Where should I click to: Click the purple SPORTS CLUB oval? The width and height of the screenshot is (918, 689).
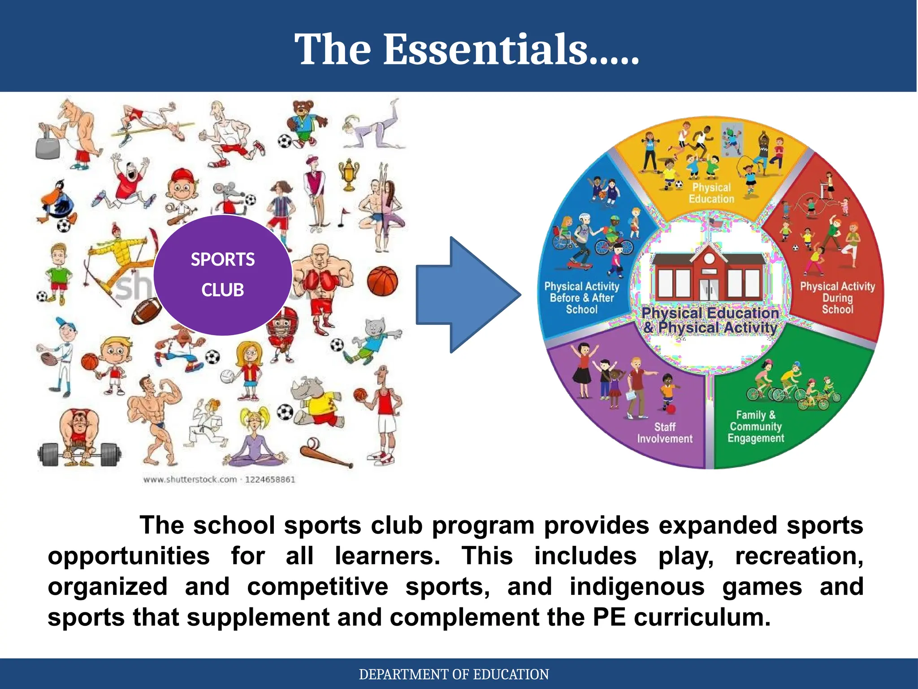point(223,275)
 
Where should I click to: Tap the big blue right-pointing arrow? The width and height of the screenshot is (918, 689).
point(466,295)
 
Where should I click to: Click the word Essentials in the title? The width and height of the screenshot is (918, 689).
point(486,49)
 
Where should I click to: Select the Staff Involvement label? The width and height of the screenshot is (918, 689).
point(665,433)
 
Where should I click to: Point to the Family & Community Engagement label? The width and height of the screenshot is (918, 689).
point(756,427)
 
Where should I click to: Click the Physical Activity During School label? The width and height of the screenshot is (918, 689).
point(837,297)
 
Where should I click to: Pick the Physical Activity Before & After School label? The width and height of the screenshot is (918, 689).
point(582,297)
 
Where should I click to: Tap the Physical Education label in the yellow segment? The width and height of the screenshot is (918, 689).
point(711,193)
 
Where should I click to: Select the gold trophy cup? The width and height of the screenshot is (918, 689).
point(349,174)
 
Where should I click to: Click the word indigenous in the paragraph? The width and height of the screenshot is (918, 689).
point(637,586)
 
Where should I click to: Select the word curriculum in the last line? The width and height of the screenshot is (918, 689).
point(702,617)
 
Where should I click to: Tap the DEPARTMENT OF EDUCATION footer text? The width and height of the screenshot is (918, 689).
point(454,674)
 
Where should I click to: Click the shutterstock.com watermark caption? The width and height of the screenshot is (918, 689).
point(219,480)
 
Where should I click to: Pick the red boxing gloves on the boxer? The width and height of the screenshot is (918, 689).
point(321,282)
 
